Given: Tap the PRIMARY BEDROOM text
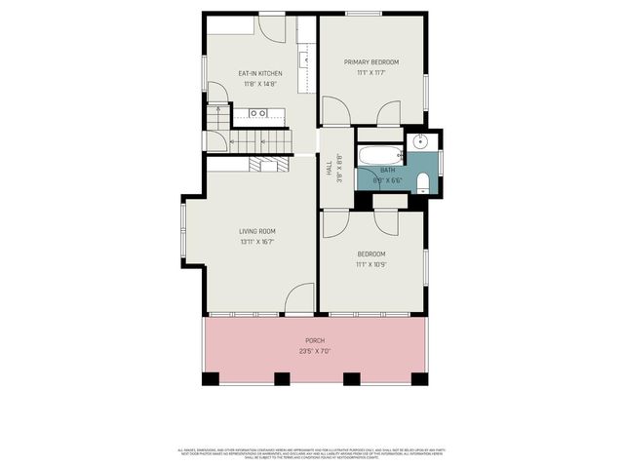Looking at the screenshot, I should [x=371, y=62].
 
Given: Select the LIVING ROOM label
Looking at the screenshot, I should [x=257, y=231].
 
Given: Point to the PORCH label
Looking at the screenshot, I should [x=314, y=340].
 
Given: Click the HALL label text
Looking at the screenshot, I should [x=329, y=170].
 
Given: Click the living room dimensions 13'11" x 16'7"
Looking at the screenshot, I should [x=257, y=242].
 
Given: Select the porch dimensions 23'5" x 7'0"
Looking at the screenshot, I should [x=314, y=351].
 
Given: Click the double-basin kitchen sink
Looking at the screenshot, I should [x=258, y=114].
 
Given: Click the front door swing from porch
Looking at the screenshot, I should [x=300, y=297].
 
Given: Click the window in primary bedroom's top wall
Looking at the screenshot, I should [x=363, y=14].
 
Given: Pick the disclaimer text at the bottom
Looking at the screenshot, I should [x=312, y=453].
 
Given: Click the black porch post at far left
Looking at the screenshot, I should [x=210, y=378].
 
